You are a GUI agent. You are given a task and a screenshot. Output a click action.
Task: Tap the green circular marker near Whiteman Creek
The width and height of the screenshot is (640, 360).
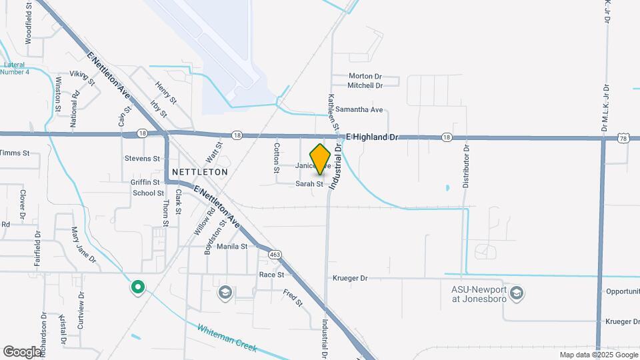point(138,287)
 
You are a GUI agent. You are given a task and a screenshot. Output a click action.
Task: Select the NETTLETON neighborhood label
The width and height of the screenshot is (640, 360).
point(199,171)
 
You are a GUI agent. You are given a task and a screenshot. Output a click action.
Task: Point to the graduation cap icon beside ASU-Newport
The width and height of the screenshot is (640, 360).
point(516,293)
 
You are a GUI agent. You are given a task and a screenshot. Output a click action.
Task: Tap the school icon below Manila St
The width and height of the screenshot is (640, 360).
point(225,293)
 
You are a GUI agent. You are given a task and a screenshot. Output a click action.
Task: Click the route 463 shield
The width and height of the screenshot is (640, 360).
point(275,254)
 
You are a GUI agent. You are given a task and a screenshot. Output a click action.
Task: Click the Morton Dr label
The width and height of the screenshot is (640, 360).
point(365,76)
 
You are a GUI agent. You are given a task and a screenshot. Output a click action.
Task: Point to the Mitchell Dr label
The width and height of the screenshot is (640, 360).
point(365,85)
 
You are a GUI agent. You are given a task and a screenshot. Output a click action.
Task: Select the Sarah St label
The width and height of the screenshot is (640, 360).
point(309,184)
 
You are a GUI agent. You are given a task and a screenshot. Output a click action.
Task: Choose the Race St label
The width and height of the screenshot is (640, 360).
point(271,274)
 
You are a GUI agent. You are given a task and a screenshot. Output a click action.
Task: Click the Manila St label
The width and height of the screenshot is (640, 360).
point(232,246)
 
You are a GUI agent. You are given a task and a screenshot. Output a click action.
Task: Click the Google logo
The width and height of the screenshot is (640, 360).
point(21,351)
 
